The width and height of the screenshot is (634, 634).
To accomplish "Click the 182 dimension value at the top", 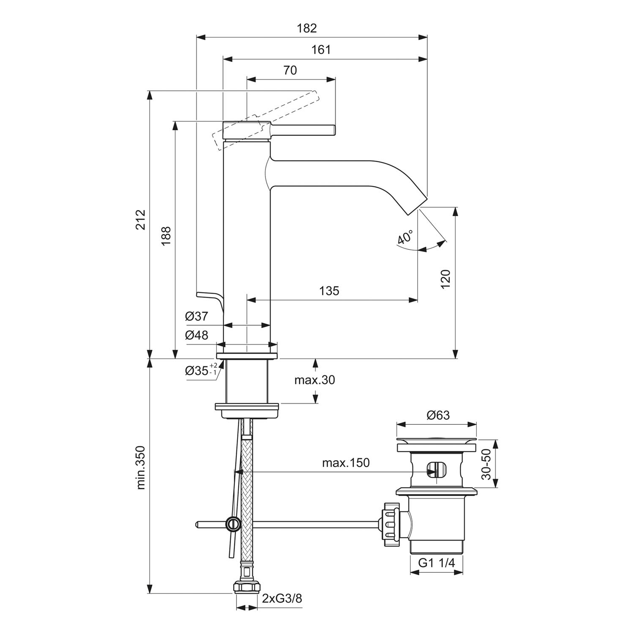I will [307, 28].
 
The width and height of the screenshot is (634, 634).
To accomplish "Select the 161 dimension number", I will [321, 50].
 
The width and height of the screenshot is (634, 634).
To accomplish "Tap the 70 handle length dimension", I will [290, 70].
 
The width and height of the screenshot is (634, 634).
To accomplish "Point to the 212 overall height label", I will [141, 219].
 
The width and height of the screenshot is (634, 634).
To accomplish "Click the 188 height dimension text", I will [166, 237].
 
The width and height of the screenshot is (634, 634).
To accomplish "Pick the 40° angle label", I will [405, 238].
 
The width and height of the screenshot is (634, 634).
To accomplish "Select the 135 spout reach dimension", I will [329, 291].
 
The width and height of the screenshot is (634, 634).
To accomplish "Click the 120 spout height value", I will [445, 279].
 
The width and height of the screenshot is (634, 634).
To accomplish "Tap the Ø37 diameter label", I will [197, 316].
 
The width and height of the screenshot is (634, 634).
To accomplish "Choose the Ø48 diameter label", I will [197, 335].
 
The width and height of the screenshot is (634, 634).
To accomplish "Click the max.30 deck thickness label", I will [314, 380].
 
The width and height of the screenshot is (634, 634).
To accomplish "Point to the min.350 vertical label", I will [141, 467].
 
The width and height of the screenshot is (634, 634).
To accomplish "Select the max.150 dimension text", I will [346, 463].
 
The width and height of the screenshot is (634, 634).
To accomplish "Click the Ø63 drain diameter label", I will [438, 415].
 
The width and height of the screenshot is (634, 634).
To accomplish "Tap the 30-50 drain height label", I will [487, 464].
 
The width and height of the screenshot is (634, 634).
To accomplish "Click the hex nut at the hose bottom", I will [247, 588].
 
